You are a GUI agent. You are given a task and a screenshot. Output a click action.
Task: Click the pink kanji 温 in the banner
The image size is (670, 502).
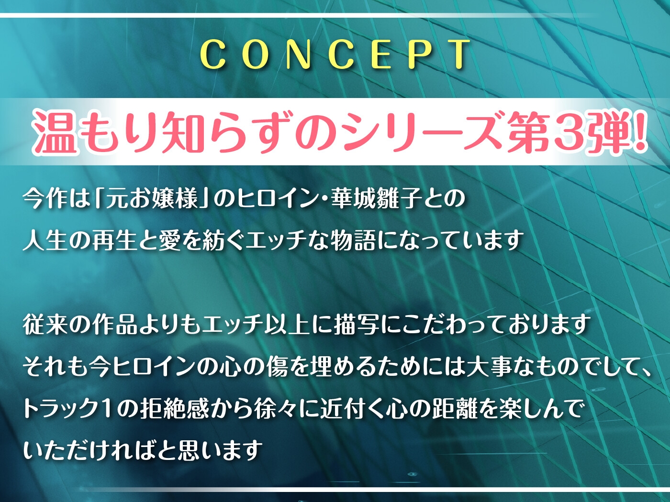click(x=56, y=132)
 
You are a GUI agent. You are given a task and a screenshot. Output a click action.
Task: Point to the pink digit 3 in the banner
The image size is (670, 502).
click(x=568, y=132)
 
